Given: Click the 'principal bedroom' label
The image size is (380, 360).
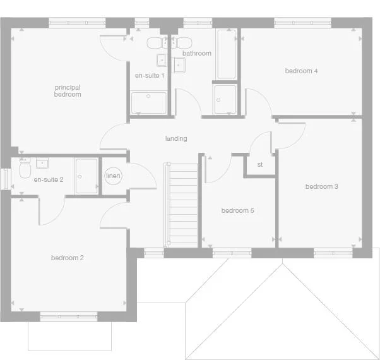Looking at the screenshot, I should [68, 91].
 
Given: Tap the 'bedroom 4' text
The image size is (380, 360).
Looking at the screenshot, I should [301, 71].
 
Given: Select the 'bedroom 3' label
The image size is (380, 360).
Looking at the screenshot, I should [322, 186].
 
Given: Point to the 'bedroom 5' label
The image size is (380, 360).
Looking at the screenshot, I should [237, 210].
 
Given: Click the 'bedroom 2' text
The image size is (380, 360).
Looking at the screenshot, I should [68, 258].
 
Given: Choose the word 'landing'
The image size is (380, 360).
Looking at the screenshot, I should [176, 138].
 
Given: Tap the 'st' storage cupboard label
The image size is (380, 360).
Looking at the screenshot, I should [259, 165].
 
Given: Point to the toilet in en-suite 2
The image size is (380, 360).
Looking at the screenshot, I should [25, 169].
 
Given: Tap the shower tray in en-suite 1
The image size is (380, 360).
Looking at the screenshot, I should [149, 103].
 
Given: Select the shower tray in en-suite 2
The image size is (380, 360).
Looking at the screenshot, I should [86, 176].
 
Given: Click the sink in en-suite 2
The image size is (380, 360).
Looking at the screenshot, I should [43, 164].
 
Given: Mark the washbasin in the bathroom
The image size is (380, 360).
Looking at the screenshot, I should [179, 64].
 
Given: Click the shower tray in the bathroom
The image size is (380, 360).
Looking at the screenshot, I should [225, 100].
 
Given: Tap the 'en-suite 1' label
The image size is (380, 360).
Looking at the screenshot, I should [150, 76].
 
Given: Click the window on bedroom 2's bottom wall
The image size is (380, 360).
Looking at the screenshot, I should [69, 316].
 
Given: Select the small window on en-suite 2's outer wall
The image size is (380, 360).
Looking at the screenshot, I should [4, 177].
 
